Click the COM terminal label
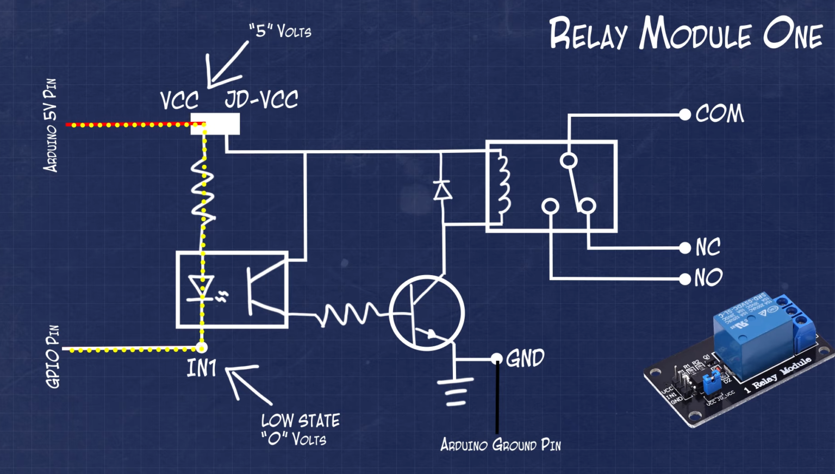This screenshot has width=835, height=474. click(x=719, y=114)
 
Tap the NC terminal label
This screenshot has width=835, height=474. click(x=708, y=247)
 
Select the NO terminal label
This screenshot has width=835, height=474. click(x=708, y=278)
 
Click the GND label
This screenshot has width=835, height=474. click(x=525, y=359)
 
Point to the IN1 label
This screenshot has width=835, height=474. click(x=202, y=369)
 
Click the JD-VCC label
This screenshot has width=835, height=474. click(x=261, y=99)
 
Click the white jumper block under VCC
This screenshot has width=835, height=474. click(x=215, y=124)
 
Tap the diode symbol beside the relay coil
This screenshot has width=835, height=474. click(x=442, y=190)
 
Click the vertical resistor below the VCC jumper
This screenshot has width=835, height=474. click(x=203, y=190)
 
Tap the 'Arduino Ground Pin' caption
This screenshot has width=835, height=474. click(x=500, y=445)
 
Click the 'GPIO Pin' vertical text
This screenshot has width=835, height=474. click(x=53, y=357)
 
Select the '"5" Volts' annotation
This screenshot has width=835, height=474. click(x=280, y=30)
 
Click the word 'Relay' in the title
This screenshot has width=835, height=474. click(x=588, y=34)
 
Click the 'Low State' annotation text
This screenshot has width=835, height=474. click(x=300, y=421)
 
